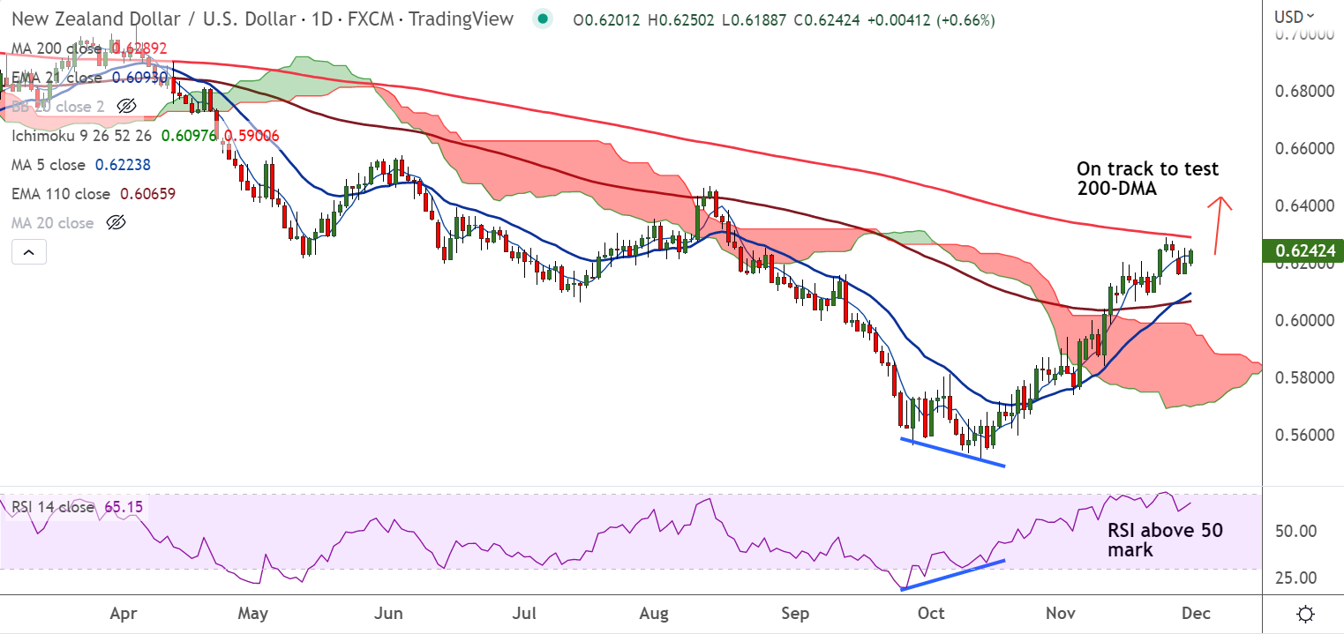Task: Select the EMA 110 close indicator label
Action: click(61, 194)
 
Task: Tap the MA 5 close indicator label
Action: click(49, 165)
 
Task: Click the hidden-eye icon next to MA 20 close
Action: click(116, 223)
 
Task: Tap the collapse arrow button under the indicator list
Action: click(28, 254)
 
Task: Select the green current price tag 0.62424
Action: click(1303, 251)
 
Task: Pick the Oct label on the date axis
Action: click(932, 614)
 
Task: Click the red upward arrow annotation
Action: click(1220, 225)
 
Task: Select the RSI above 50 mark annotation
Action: click(1165, 541)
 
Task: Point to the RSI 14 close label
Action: click(53, 508)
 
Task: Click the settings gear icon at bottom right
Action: click(1307, 614)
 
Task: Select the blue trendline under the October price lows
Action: click(953, 451)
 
